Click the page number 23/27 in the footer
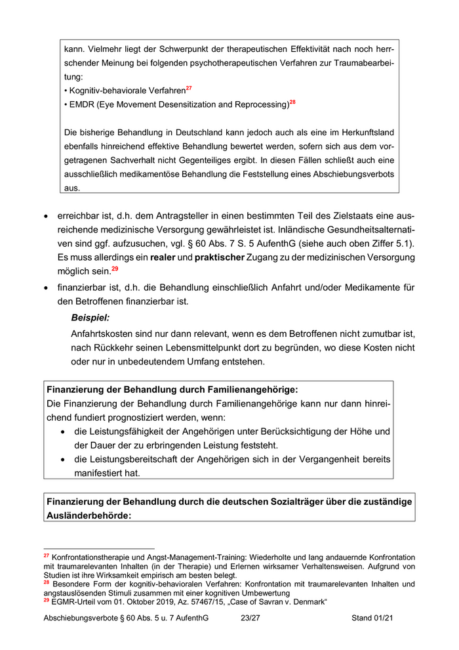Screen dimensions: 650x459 click(x=250, y=618)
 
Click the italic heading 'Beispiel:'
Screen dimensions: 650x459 click(x=90, y=318)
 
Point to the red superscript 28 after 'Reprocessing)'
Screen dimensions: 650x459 click(x=292, y=102)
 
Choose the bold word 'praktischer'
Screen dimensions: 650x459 click(x=220, y=257)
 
